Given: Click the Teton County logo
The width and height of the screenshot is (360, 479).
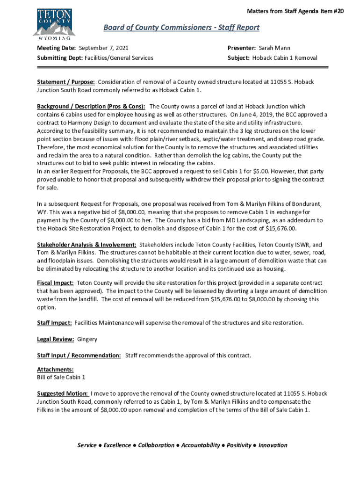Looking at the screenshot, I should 54,23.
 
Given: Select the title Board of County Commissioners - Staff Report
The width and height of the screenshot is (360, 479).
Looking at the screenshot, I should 181,28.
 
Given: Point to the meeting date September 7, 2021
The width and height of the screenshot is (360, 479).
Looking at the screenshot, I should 103,48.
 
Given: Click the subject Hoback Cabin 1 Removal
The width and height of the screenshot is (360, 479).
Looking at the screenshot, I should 285,58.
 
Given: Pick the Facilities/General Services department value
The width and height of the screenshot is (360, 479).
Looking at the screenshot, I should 119,58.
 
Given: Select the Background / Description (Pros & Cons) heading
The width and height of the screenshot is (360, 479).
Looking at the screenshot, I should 91,107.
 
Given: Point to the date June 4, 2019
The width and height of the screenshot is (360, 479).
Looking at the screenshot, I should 256,115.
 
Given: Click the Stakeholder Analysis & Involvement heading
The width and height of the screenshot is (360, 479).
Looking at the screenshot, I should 86,245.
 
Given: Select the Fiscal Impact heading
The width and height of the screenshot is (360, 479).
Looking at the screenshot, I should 55,283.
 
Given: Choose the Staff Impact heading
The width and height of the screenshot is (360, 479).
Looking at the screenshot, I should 54,323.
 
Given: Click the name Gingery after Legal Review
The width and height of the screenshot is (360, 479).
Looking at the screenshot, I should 87,339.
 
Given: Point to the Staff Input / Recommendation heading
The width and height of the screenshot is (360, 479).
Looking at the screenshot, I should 79,356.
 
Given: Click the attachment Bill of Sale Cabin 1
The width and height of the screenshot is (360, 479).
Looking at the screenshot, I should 61,377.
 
